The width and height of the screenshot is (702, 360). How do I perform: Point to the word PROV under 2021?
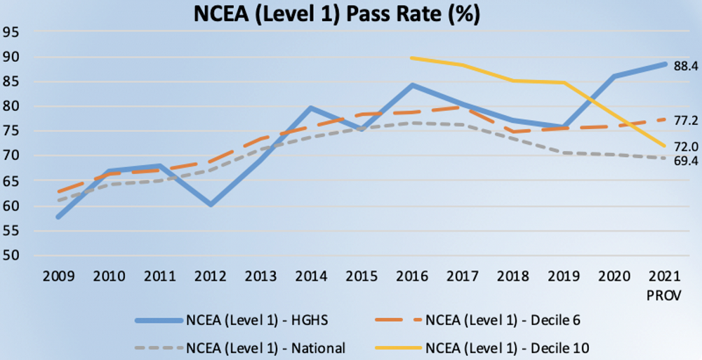pos(665,295)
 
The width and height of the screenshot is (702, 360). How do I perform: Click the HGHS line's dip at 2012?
pos(209,205)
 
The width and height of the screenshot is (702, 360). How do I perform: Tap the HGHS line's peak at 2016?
pos(412,86)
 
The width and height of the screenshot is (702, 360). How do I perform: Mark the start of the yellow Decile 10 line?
pos(412,58)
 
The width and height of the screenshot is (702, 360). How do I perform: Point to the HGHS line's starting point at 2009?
pos(58,217)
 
